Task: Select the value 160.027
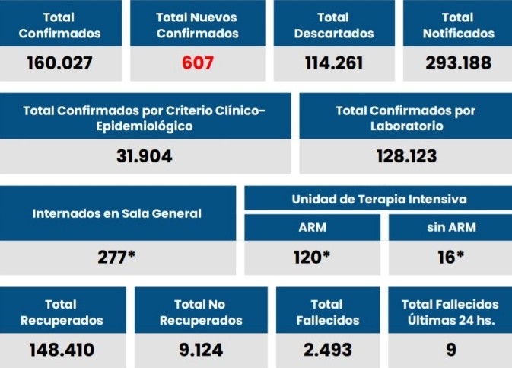(x=59, y=62)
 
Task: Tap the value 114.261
(x=333, y=62)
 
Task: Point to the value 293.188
(x=458, y=62)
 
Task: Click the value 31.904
(x=145, y=156)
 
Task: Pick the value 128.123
(x=406, y=156)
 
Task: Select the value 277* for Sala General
(x=116, y=257)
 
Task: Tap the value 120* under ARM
(x=312, y=257)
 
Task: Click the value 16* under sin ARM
(x=450, y=257)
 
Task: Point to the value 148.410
(x=62, y=350)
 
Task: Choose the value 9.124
(x=201, y=350)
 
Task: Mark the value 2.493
(x=327, y=350)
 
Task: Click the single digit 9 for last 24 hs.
(x=450, y=350)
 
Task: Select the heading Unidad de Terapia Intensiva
(x=379, y=200)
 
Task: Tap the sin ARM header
(x=450, y=228)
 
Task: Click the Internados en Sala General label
(x=116, y=213)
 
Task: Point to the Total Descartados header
(x=333, y=25)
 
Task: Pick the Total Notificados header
(x=458, y=25)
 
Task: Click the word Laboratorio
(x=406, y=126)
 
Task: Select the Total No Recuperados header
(x=201, y=312)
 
